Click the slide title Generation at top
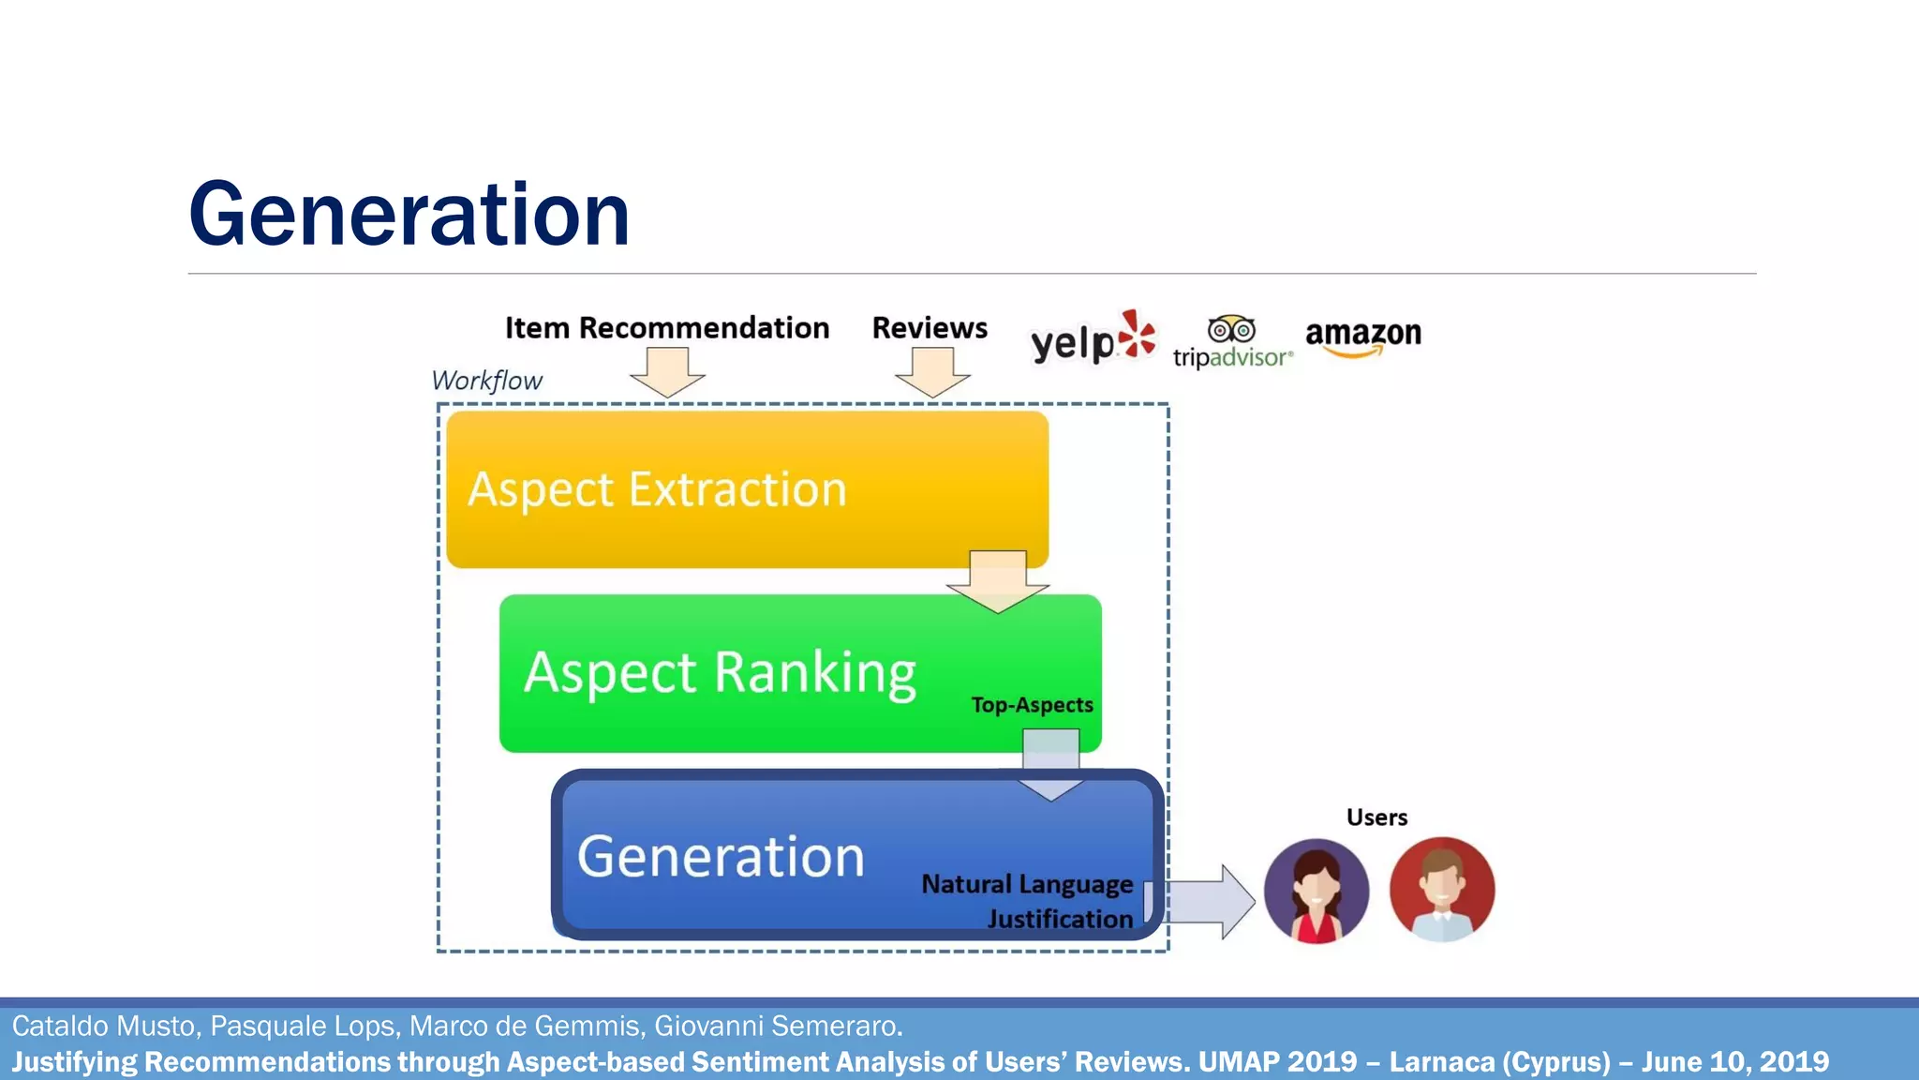(x=409, y=215)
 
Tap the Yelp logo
(x=1093, y=338)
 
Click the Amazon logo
(x=1362, y=337)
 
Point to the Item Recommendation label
(x=667, y=328)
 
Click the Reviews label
(x=930, y=328)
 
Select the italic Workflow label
(x=486, y=381)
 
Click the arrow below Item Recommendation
(x=667, y=372)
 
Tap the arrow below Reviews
(x=932, y=372)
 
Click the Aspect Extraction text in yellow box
(x=657, y=489)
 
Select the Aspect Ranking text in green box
(x=720, y=672)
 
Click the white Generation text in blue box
(x=721, y=856)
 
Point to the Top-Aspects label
(x=1032, y=705)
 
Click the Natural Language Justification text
(x=1029, y=901)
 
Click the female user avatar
(x=1316, y=891)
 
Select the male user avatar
(x=1441, y=890)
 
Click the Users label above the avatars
(x=1376, y=817)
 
